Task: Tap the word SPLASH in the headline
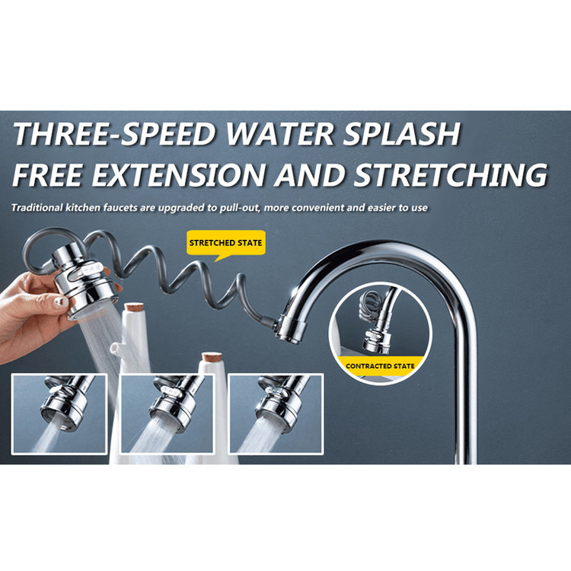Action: tap(402, 134)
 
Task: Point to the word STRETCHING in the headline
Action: tap(451, 175)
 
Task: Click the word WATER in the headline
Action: tap(279, 134)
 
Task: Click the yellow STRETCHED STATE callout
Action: tap(226, 243)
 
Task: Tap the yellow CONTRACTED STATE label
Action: tap(380, 366)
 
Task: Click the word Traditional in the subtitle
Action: tap(37, 208)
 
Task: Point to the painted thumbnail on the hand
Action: tap(60, 302)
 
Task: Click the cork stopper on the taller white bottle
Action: tap(134, 307)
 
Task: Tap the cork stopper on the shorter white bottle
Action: tap(212, 357)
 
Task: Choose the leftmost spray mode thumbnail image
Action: tap(59, 414)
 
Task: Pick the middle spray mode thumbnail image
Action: tap(167, 413)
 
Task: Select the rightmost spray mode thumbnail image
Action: tap(276, 414)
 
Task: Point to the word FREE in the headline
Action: tap(47, 175)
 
